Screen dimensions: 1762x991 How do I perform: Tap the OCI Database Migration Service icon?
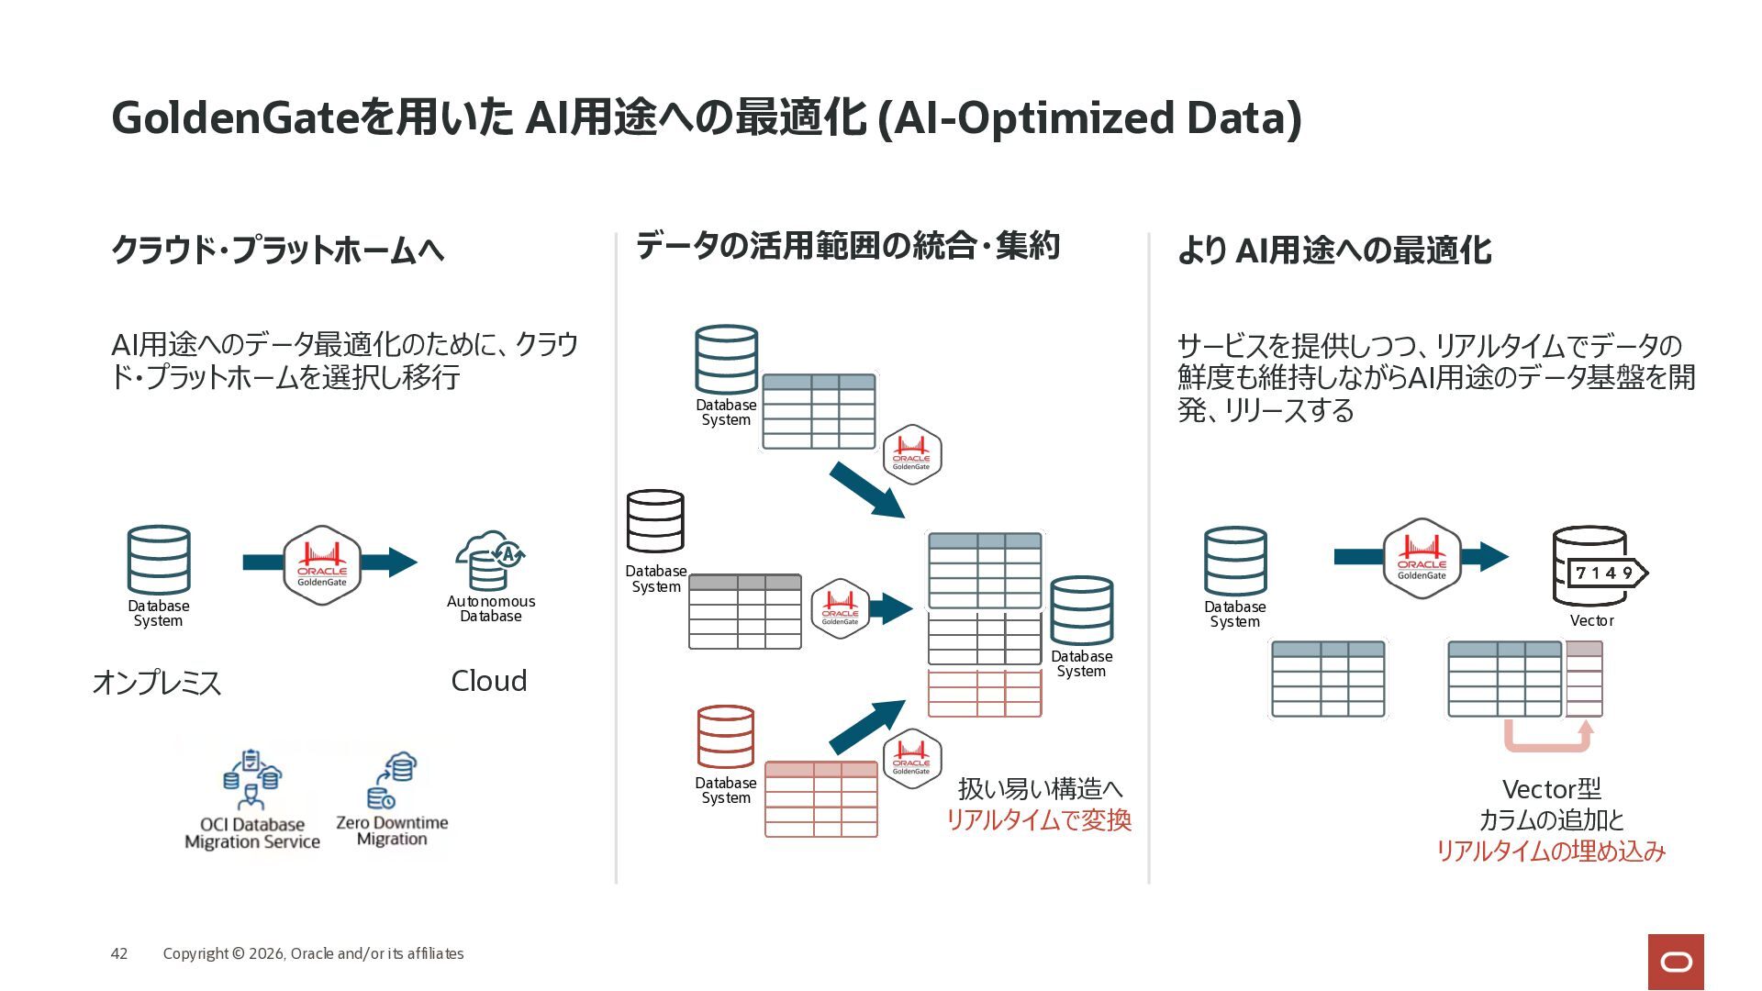point(252,780)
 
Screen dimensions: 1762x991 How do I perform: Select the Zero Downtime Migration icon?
point(393,781)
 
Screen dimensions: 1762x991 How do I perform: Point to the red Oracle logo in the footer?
point(1676,962)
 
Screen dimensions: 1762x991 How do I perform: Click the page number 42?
point(119,953)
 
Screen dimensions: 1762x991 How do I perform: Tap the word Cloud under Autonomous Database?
point(489,681)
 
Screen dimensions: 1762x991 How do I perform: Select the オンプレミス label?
point(157,683)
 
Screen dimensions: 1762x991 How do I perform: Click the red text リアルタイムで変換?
point(1039,819)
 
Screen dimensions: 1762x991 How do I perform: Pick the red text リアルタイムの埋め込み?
point(1550,851)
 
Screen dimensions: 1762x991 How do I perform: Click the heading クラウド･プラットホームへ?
point(277,250)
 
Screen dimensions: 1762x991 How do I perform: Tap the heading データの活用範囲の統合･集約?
point(848,246)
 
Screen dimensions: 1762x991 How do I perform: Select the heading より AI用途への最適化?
point(1334,250)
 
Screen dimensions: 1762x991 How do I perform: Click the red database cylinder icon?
point(726,737)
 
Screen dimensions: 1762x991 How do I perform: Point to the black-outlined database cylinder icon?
point(655,521)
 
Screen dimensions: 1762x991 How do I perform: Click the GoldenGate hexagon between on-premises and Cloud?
point(322,565)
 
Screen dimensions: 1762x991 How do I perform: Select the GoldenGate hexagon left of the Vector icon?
point(1422,559)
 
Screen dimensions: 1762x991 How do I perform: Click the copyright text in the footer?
point(313,953)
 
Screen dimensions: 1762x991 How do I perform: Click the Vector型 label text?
point(1551,789)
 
